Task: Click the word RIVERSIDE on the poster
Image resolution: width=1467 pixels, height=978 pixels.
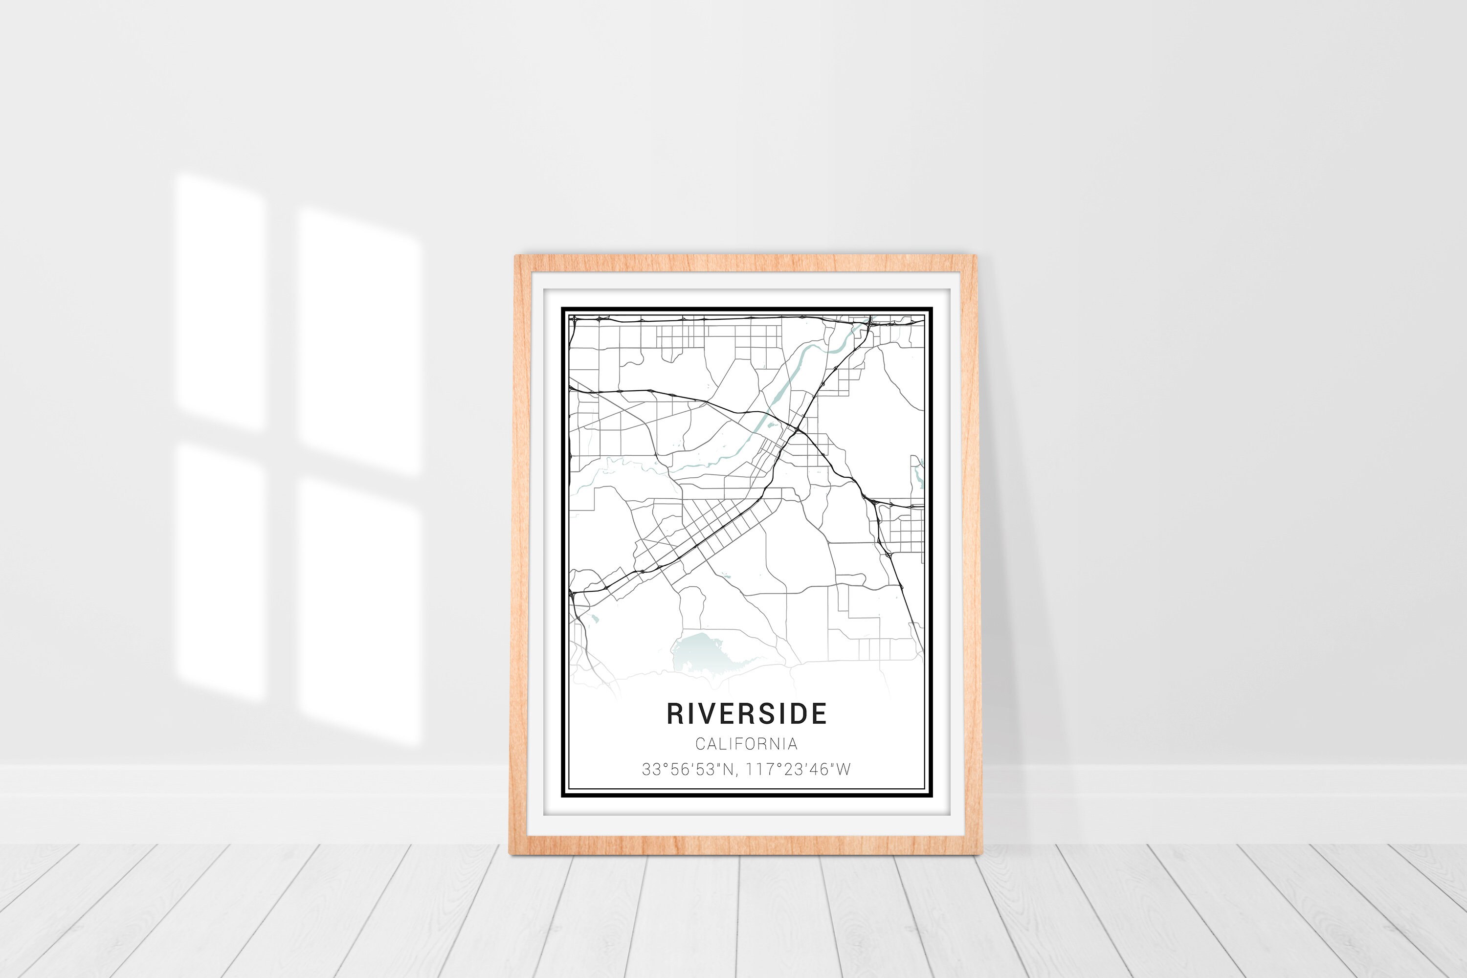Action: [x=747, y=713]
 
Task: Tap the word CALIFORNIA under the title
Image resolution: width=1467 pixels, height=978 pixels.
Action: [x=747, y=744]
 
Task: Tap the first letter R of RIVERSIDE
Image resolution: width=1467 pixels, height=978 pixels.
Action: [x=675, y=713]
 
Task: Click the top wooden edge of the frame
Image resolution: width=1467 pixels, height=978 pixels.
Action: [x=745, y=263]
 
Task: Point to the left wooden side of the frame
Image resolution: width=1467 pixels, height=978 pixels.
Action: [x=519, y=555]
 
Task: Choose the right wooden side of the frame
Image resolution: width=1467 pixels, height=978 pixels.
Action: [x=968, y=555]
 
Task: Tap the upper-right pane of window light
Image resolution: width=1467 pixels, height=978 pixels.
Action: [x=358, y=340]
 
